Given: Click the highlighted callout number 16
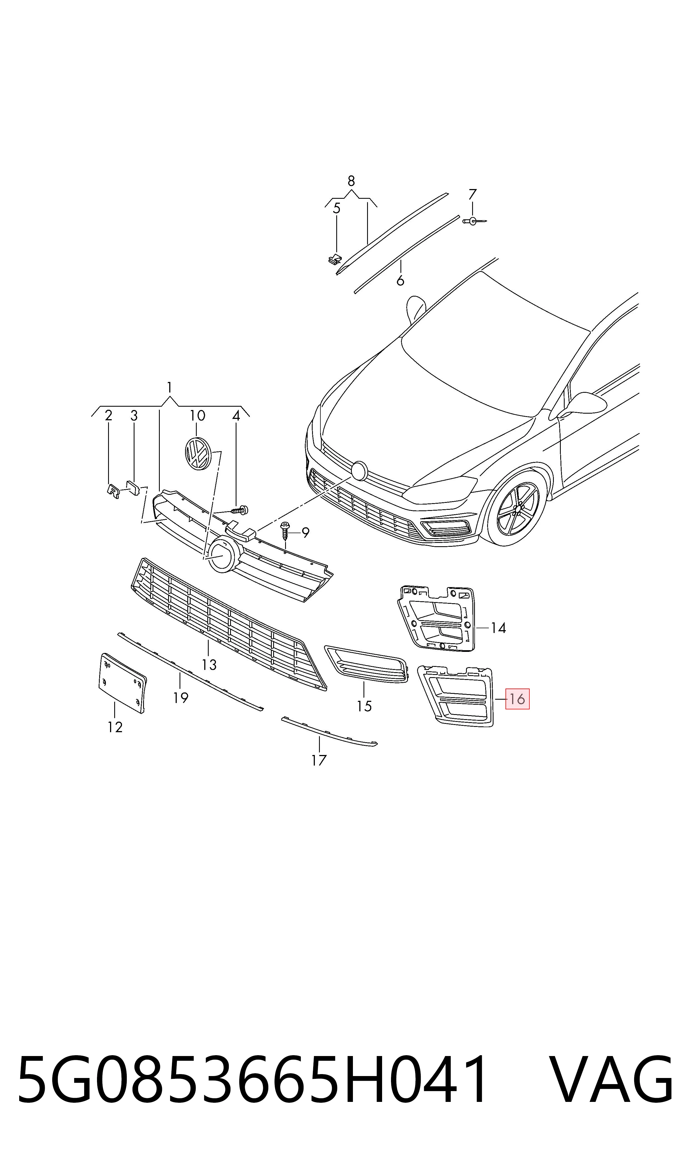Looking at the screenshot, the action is coord(517,699).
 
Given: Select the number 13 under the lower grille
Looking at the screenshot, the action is coord(209,665).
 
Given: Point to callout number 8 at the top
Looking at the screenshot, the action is coord(351,180).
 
